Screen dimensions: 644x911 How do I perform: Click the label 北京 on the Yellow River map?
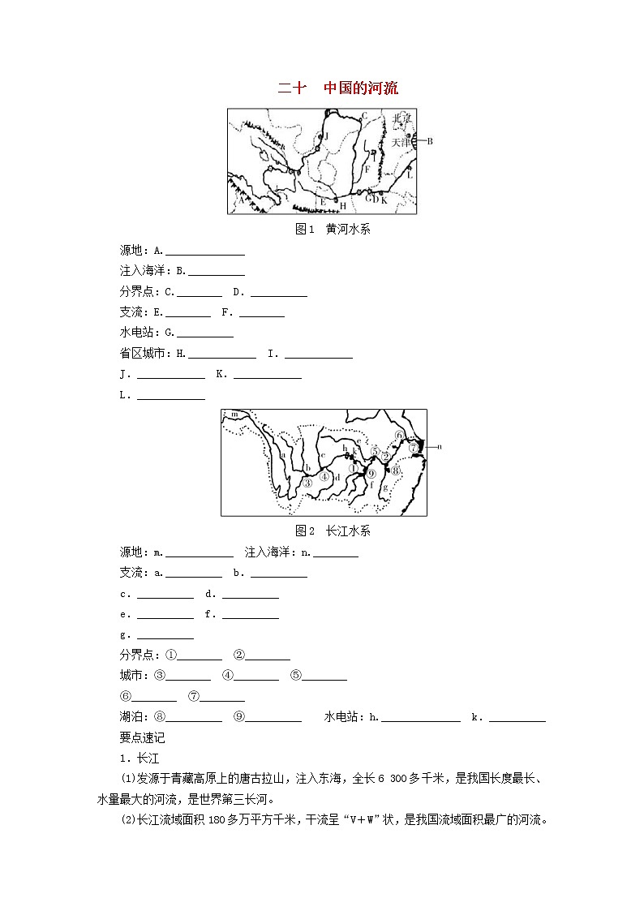tap(401, 118)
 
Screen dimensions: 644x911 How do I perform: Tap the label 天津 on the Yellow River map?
tap(401, 142)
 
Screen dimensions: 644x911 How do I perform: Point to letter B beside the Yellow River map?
tap(430, 141)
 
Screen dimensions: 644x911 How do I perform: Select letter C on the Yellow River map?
tap(364, 115)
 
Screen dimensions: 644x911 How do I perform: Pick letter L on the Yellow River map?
tap(410, 174)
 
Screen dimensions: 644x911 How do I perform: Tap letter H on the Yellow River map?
tap(343, 207)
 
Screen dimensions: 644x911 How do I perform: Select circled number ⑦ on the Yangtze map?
tap(413, 447)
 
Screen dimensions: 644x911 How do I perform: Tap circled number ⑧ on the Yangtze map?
tap(396, 470)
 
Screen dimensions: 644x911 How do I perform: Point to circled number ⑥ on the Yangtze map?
tap(399, 435)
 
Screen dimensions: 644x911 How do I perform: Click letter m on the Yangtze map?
tap(234, 415)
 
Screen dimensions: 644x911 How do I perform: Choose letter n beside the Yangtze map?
tap(439, 446)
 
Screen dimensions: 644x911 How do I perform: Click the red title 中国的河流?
tap(361, 88)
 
